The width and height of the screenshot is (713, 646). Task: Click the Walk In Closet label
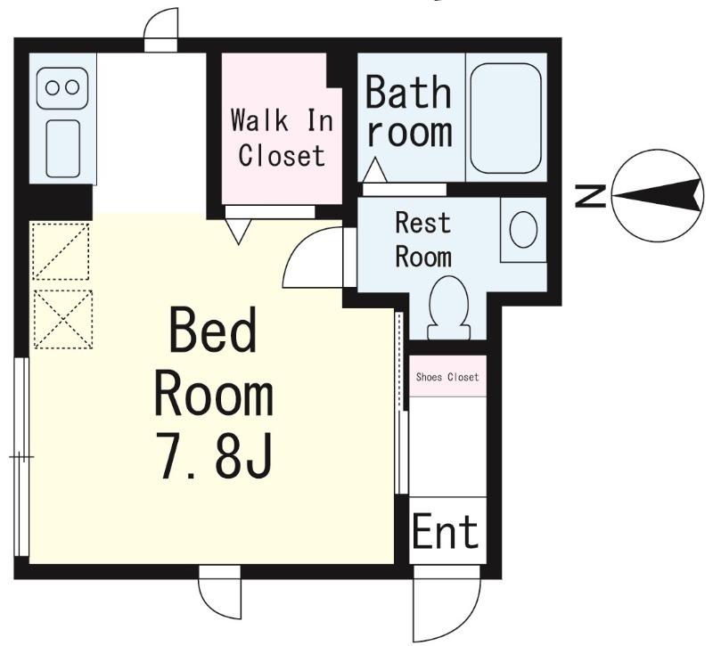(x=282, y=138)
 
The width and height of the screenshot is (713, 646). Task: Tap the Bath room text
(x=409, y=112)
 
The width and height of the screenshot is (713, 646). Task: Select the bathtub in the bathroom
(x=505, y=119)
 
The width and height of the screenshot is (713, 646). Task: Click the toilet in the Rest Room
(x=449, y=307)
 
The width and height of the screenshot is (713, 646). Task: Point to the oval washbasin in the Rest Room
(x=523, y=230)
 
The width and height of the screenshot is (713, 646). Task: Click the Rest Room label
(x=422, y=240)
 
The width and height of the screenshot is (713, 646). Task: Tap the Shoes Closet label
(x=447, y=377)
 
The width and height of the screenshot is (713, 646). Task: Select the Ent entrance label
(x=445, y=530)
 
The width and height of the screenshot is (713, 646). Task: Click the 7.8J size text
(x=215, y=455)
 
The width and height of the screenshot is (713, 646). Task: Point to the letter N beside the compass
(x=590, y=195)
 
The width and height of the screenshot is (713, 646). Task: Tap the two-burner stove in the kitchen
(x=62, y=88)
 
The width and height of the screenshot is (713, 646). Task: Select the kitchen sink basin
(x=63, y=149)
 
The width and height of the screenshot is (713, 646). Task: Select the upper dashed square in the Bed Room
(x=61, y=251)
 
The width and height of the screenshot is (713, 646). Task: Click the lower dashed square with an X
(x=63, y=320)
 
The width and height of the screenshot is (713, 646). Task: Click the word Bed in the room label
(x=212, y=331)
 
